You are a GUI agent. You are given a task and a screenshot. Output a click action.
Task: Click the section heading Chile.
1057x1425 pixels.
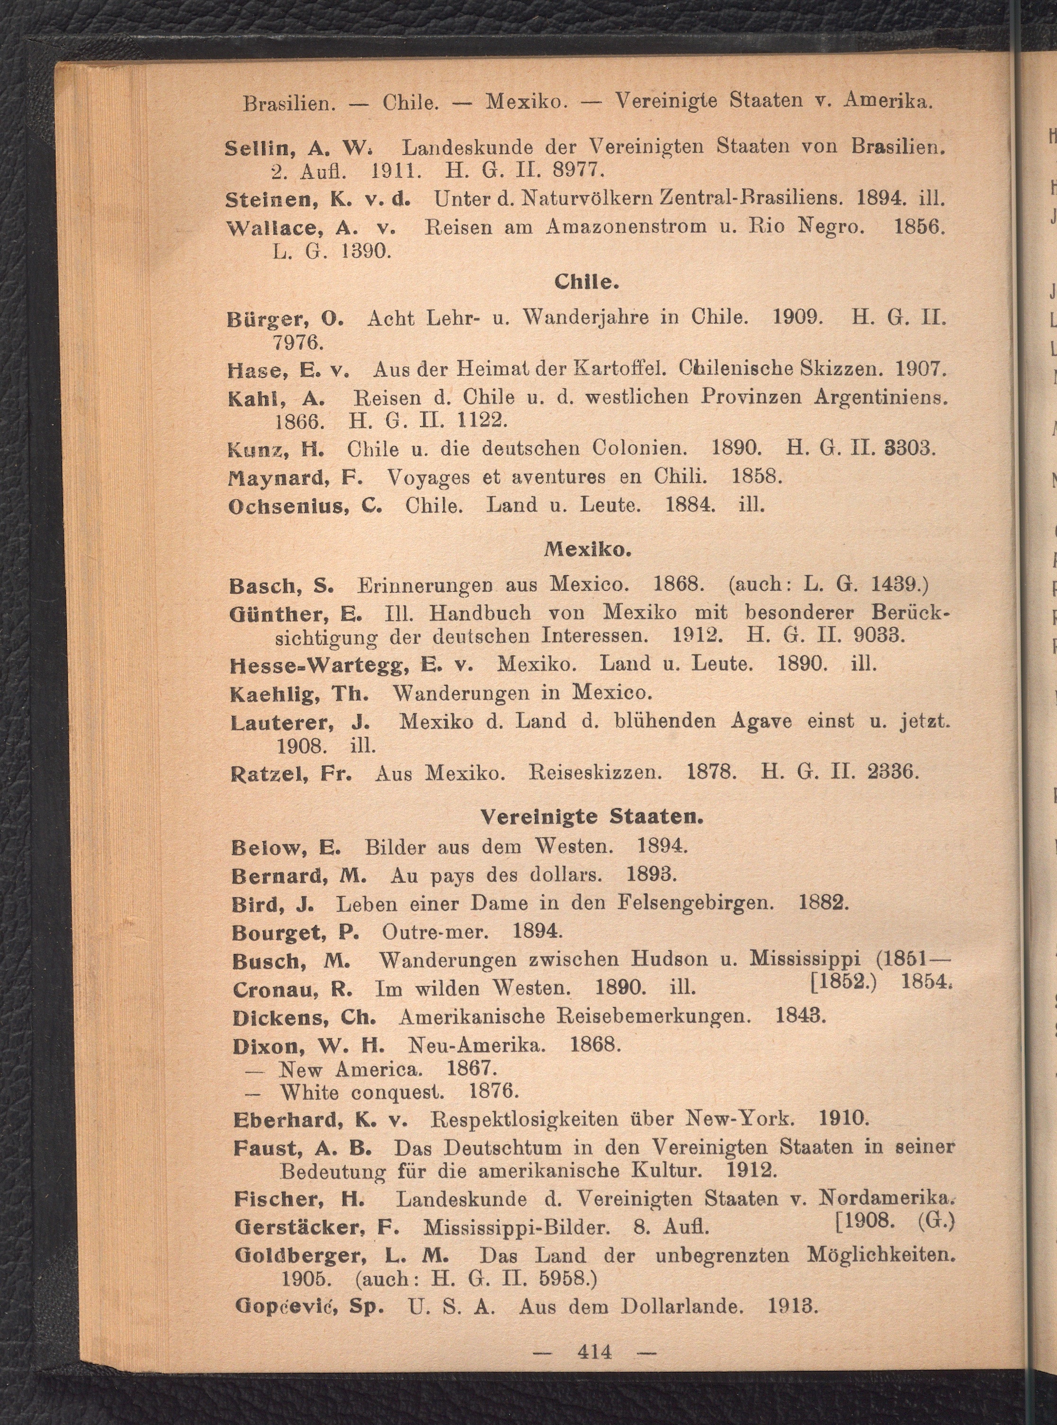(586, 282)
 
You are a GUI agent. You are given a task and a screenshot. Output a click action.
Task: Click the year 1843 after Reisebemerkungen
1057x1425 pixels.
(800, 1016)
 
